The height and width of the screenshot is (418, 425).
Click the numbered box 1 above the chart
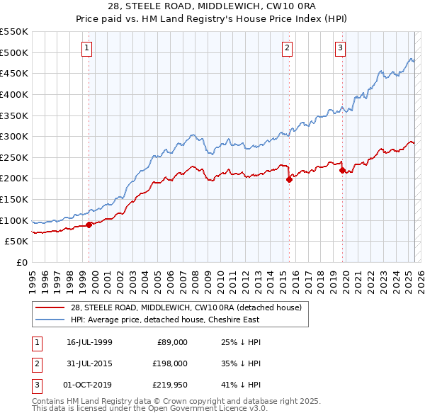[x=86, y=48]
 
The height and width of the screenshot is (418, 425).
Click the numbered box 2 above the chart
[x=288, y=48]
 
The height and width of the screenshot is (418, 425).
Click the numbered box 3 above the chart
[x=340, y=48]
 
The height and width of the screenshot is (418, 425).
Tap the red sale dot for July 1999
[x=89, y=225]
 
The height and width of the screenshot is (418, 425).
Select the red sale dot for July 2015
[x=289, y=179]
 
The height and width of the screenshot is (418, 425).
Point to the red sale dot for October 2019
[x=342, y=170]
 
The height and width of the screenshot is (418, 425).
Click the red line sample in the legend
[x=50, y=307]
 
